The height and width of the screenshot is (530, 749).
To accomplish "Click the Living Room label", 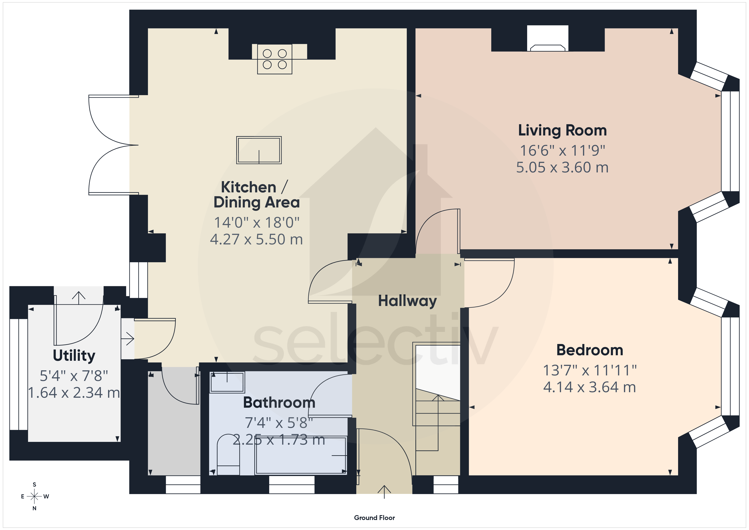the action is tap(562, 131).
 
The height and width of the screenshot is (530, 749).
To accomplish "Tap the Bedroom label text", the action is tap(590, 350).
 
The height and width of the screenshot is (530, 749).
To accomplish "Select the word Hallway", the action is tap(407, 301).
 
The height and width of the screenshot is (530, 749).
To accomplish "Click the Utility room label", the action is tap(74, 356).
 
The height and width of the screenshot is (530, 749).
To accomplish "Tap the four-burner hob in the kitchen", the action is tap(275, 59).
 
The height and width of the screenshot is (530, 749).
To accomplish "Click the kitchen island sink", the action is tap(259, 150).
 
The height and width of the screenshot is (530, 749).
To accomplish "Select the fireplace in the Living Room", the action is tap(548, 38).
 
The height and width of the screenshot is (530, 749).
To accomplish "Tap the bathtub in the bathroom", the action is tap(301, 455).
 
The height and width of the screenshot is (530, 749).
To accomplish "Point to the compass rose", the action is tap(34, 496).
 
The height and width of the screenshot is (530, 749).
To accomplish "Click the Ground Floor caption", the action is tap(374, 518).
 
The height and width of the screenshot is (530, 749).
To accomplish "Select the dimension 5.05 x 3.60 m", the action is tap(562, 167).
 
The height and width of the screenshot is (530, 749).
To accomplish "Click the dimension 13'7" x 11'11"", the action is tap(590, 370).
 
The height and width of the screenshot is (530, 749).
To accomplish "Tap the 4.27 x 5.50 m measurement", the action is tap(256, 239).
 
